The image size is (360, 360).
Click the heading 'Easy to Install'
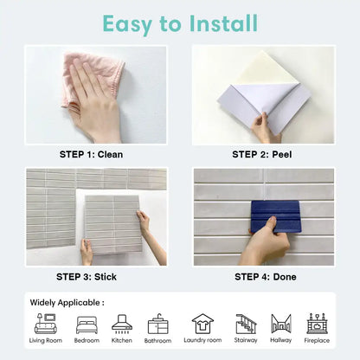tap(180, 22)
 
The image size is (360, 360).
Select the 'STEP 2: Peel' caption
tap(263, 155)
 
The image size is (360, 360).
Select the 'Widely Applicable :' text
tap(67, 303)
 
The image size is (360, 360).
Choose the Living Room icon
tap(46, 324)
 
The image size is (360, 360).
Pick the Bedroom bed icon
tap(87, 324)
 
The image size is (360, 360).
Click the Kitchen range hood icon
tap(122, 324)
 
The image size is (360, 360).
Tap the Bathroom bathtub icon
tap(158, 324)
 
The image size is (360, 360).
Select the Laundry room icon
tap(202, 324)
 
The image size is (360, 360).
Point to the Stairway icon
tap(246, 324)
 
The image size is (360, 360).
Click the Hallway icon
tap(281, 324)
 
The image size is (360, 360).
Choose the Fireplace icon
tap(317, 324)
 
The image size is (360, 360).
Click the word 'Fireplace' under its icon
tap(317, 341)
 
